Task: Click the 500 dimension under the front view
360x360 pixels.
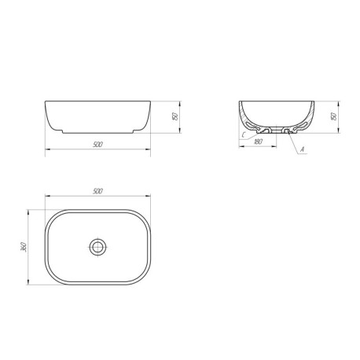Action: point(97,145)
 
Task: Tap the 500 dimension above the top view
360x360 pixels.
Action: point(97,191)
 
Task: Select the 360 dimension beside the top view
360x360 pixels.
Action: point(24,247)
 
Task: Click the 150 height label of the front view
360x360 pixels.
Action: point(175,116)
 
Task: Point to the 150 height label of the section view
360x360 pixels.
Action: point(334,116)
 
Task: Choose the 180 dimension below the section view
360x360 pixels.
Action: point(258,141)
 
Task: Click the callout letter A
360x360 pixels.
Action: point(302,149)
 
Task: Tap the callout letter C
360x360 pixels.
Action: point(244,135)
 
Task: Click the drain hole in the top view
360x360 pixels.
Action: point(98,247)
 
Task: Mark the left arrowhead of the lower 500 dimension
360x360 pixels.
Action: point(48,149)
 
